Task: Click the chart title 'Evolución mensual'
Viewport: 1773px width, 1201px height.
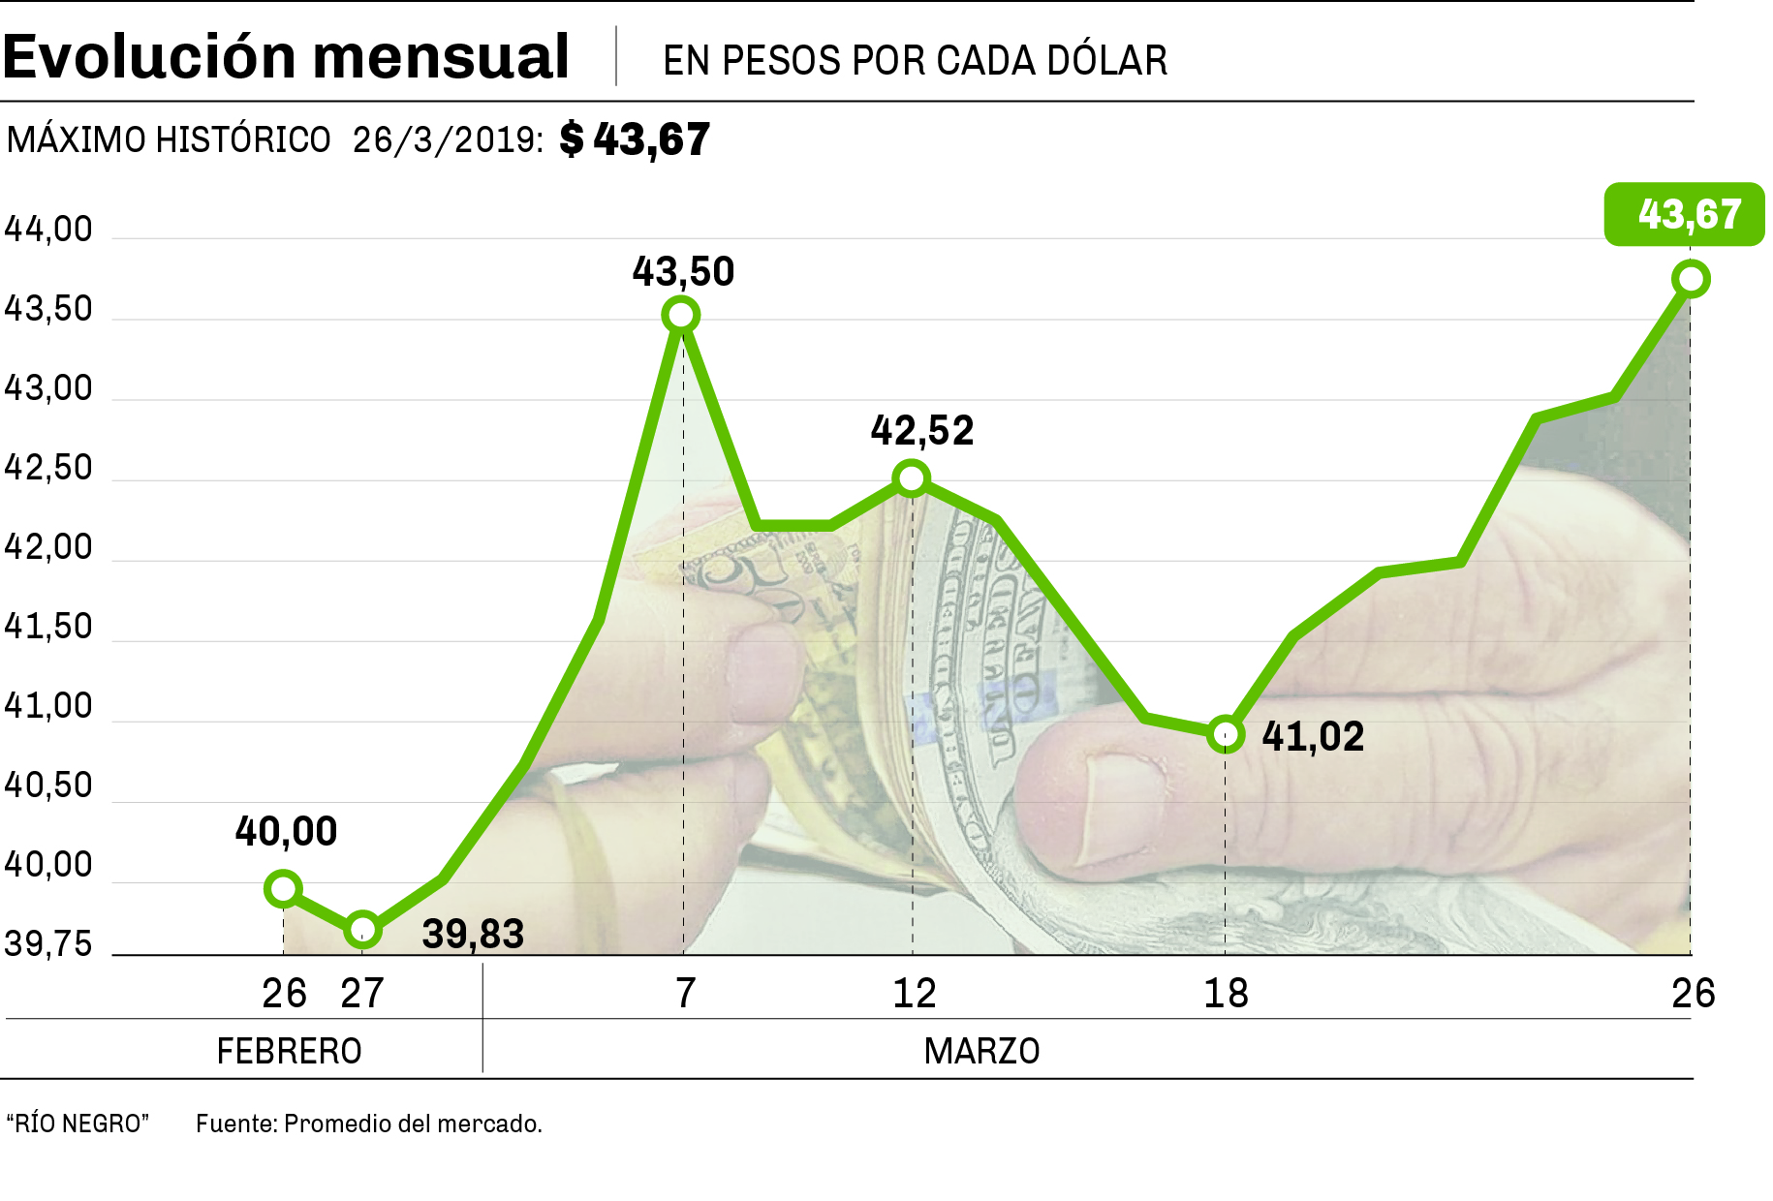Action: point(286,56)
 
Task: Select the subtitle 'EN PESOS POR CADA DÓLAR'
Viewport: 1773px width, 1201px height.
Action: point(915,60)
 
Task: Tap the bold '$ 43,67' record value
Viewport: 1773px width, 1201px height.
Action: point(635,139)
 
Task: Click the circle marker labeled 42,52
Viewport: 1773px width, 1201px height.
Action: point(912,478)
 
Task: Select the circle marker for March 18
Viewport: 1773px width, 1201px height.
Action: point(1226,734)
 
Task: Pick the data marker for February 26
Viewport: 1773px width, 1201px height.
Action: point(283,888)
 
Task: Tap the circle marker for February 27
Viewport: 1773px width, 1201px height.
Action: point(362,930)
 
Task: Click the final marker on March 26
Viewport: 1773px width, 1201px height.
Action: point(1691,280)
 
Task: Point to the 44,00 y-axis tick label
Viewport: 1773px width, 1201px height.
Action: point(48,230)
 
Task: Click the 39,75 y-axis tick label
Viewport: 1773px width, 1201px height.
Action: point(48,944)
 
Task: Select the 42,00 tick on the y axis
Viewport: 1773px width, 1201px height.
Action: point(48,547)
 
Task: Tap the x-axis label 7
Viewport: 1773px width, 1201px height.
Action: point(685,994)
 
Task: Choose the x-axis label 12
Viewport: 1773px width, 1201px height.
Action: point(914,994)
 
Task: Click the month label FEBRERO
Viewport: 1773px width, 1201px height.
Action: point(289,1051)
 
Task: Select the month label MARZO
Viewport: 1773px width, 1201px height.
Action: point(981,1051)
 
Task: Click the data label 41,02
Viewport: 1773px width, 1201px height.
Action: point(1313,737)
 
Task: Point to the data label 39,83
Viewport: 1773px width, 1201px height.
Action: point(473,935)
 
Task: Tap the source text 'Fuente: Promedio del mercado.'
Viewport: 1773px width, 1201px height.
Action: point(369,1124)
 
